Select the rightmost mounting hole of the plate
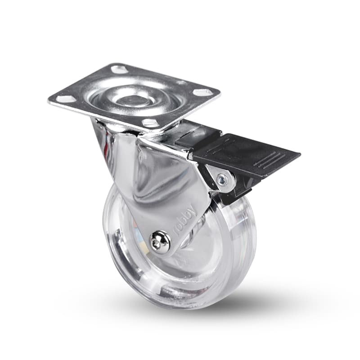click(200, 92)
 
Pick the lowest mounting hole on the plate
click(149, 122)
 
